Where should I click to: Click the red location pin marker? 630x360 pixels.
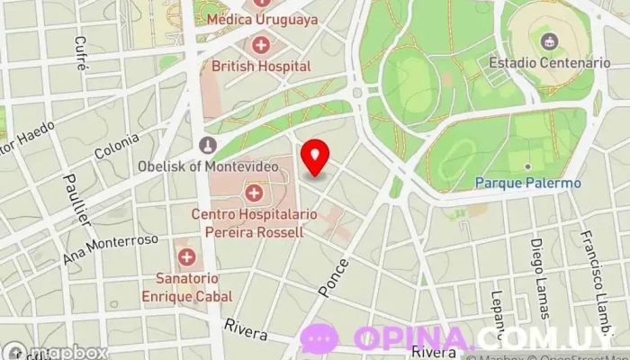(315, 157)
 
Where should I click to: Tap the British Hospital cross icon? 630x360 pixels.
(261, 44)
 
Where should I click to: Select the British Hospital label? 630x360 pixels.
(261, 66)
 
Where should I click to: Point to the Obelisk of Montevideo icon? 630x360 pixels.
(208, 145)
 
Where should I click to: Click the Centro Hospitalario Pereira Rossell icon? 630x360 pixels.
(254, 192)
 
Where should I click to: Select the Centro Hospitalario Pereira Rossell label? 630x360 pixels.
(247, 222)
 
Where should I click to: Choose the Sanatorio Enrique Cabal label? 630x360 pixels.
(186, 287)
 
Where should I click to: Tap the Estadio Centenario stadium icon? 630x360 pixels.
(548, 40)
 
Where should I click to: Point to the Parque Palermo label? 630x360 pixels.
(528, 183)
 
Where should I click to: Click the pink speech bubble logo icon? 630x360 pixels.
(319, 338)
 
